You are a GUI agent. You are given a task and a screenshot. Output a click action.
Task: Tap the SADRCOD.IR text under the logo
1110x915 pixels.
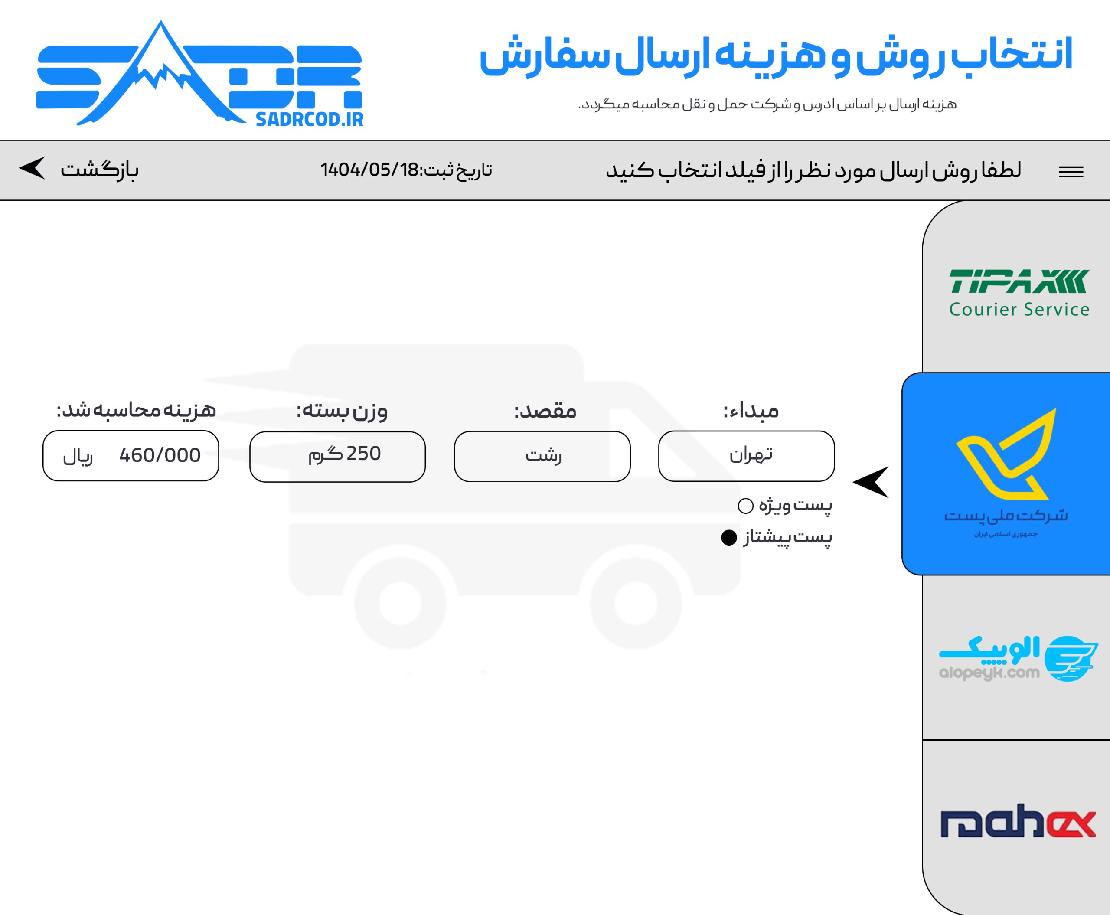[310, 120]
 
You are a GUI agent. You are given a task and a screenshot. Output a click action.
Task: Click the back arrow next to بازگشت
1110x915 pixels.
[33, 169]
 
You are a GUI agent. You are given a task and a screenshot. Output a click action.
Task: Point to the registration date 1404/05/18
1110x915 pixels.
[369, 170]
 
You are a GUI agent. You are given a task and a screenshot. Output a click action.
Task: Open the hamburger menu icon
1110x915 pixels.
[1071, 172]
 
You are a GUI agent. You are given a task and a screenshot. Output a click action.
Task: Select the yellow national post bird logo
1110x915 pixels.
[1006, 454]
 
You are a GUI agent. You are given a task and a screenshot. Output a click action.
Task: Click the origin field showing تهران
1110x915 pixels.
[746, 456]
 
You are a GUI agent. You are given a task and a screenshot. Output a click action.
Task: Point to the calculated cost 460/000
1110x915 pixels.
[160, 455]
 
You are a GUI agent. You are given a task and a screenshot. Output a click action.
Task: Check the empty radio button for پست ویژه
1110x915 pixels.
[745, 506]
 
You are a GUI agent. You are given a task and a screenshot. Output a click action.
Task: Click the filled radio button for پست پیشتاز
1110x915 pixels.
[729, 538]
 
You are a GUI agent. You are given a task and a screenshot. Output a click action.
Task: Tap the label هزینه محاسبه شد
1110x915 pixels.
[136, 410]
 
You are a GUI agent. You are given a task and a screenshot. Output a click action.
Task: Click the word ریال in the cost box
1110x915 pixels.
[78, 457]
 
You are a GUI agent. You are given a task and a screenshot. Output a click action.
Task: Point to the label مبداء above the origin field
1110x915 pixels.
[751, 411]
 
